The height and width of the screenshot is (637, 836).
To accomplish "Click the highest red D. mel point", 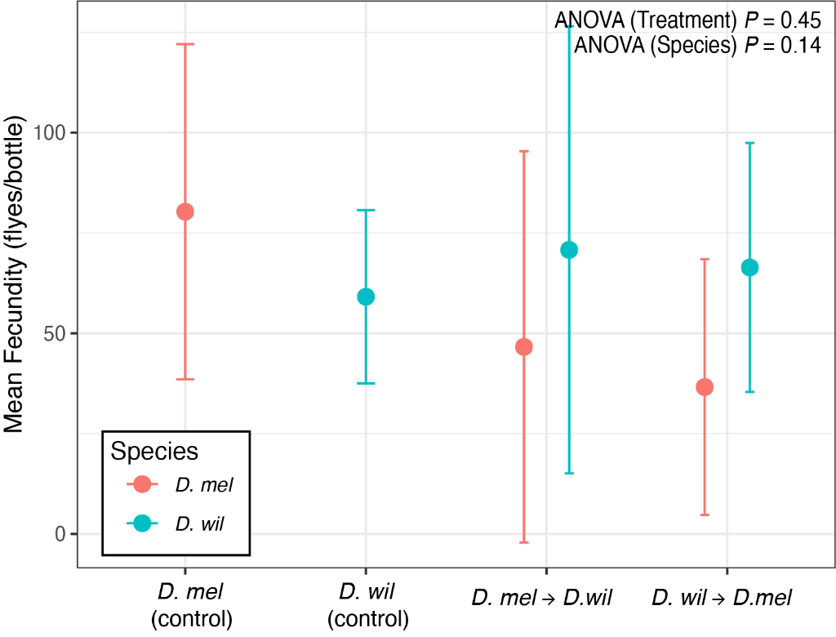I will pos(185,212).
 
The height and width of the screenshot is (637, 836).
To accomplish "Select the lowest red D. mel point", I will pos(705,387).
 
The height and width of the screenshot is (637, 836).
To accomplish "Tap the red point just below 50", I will pos(524,347).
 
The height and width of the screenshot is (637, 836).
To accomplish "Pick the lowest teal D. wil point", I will pos(366,296).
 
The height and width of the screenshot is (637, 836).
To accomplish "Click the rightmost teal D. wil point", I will pos(749,267).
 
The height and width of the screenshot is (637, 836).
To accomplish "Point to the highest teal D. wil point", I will pos(569,250).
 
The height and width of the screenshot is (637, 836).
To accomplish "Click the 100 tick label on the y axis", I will pos(49,133).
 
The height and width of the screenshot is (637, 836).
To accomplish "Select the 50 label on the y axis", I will pos(56,334).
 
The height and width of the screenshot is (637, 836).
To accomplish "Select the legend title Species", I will pos(154,452).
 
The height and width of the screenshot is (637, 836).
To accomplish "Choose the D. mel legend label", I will pos(204,485).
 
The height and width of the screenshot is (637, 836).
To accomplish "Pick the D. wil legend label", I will pos(199,523).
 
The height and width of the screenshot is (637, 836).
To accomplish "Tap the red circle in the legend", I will pos(142,484).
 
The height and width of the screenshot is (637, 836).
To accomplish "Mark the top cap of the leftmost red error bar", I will pos(185,44).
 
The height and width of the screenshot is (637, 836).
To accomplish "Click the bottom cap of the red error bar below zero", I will pos(524,542).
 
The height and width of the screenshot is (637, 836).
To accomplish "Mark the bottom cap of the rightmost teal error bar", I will pos(749,392).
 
